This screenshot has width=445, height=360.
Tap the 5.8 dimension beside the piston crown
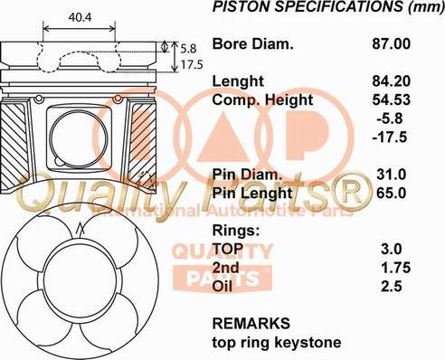(x=187, y=48)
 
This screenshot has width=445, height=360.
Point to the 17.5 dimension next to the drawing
(x=191, y=66)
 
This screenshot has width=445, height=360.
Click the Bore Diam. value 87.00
(x=391, y=43)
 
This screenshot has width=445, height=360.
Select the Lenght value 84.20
(x=391, y=81)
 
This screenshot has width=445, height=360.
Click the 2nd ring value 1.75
(x=395, y=268)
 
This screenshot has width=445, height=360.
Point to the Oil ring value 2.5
(x=395, y=287)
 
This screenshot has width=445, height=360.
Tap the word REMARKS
(x=251, y=323)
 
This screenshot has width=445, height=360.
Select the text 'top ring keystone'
(x=276, y=343)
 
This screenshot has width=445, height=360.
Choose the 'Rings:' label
(x=236, y=230)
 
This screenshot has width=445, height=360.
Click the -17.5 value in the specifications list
(x=390, y=137)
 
